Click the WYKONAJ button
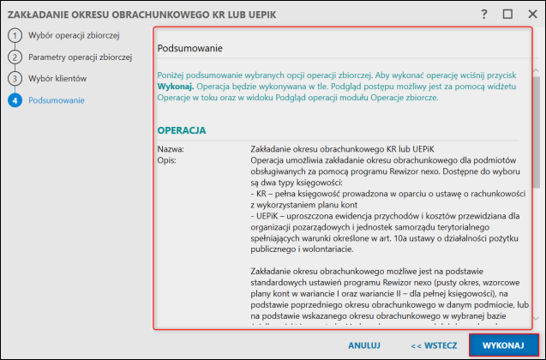(x=503, y=345)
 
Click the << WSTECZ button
(x=435, y=345)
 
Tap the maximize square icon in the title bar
(x=507, y=15)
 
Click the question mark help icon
(x=484, y=15)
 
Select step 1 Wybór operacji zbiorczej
(x=73, y=35)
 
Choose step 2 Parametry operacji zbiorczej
(x=79, y=57)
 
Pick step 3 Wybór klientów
(x=57, y=78)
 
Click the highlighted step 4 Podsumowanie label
(x=57, y=100)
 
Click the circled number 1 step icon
(x=14, y=35)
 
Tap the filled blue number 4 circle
(x=14, y=100)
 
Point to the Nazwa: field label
(x=171, y=149)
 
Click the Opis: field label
(x=168, y=160)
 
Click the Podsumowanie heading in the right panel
(x=190, y=49)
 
